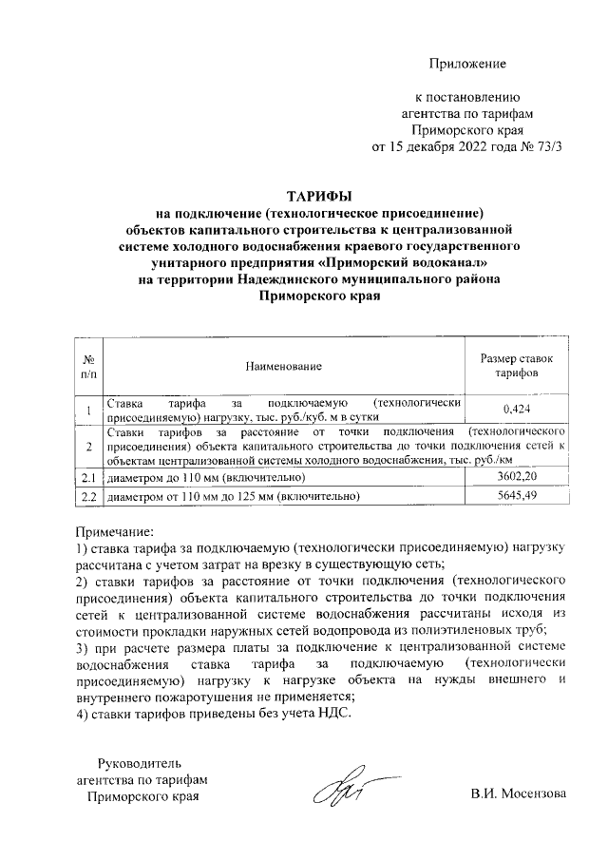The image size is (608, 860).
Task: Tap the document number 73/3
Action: point(546,146)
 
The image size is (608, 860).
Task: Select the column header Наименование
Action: point(283,366)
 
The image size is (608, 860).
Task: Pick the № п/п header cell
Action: point(88,366)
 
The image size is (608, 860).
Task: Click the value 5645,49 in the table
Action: point(518,495)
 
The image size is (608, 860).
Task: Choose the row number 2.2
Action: point(88,495)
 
